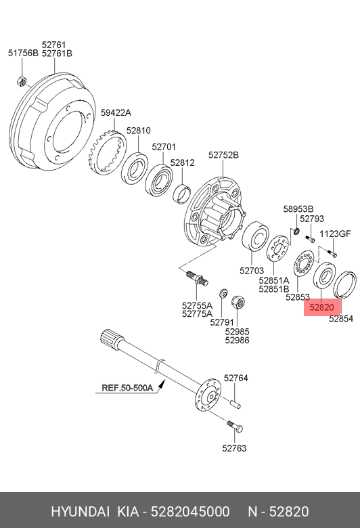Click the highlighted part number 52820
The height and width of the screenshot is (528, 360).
pos(321,307)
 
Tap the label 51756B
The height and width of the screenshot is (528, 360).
pos(23,53)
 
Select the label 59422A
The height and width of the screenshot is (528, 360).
pos(116,113)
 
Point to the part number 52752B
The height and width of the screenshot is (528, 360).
pos(223,155)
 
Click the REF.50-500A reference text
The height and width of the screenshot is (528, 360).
pos(127,388)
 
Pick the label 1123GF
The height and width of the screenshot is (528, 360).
pos(335,234)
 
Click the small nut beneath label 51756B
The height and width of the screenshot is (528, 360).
pos(22,81)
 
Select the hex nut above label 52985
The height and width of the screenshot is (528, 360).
pos(238,302)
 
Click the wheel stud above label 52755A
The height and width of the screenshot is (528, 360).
pos(198,278)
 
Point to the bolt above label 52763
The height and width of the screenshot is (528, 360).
pos(235,426)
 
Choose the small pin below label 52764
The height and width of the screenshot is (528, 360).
pos(235,403)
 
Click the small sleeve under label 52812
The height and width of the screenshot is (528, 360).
pos(182,194)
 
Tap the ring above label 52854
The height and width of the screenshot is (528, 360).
pos(344,284)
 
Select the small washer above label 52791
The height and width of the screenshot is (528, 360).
pos(223,293)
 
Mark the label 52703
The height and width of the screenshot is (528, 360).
pos(252,271)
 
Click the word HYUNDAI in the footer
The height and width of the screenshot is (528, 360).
pos(81,512)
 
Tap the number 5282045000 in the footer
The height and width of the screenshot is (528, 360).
pos(190,512)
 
